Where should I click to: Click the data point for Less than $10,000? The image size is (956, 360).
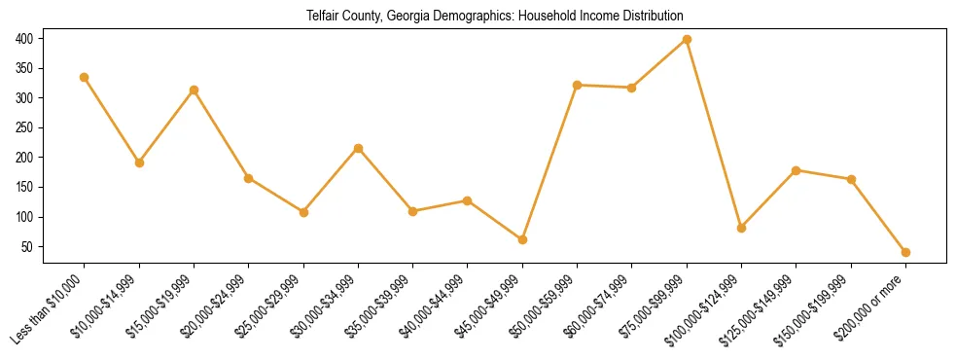click(x=85, y=77)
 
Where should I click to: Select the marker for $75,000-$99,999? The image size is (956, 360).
click(x=687, y=39)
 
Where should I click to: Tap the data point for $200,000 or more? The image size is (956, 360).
click(x=905, y=252)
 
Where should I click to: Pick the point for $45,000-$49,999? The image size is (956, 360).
click(x=522, y=239)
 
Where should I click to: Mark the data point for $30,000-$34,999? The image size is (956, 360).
click(x=358, y=148)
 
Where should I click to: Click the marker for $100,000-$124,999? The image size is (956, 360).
click(x=741, y=228)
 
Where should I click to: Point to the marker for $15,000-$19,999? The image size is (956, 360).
click(x=195, y=90)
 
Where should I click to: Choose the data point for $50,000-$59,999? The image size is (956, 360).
click(x=578, y=85)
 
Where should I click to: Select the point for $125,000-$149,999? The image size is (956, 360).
click(x=797, y=170)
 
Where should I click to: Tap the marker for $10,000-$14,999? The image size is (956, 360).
click(x=139, y=162)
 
